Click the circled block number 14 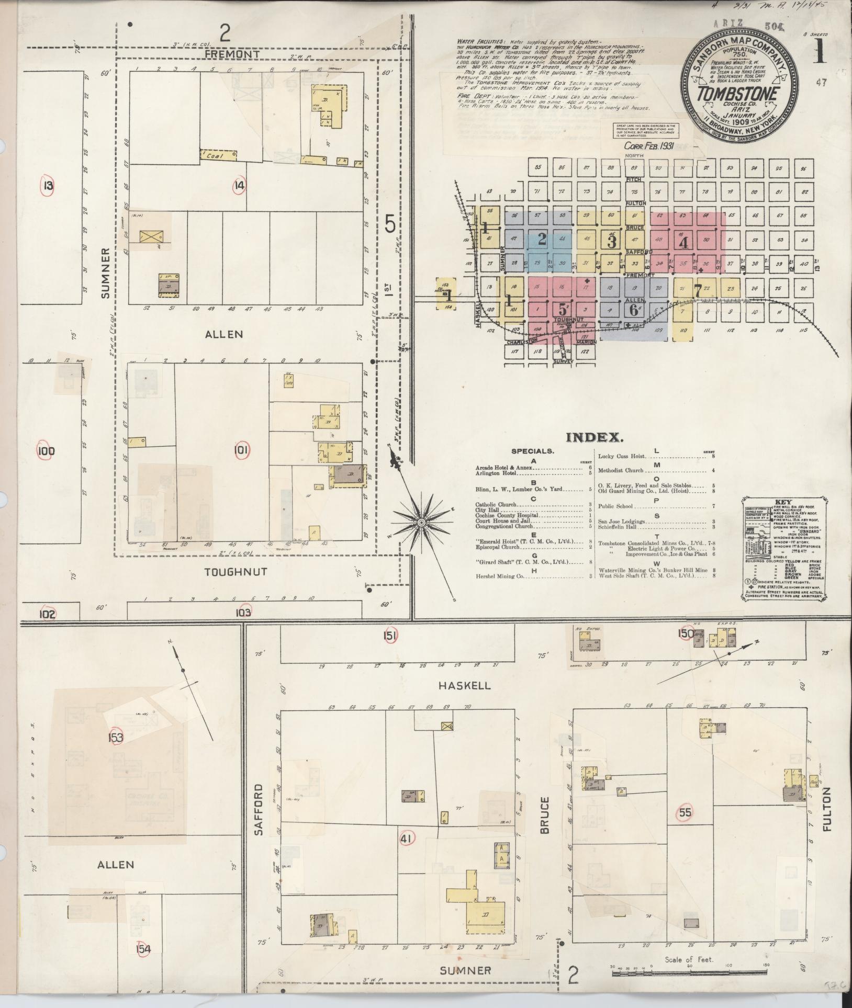(240, 185)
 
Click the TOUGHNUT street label (228, 572)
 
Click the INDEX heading (595, 438)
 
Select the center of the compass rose (421, 523)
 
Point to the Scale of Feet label (689, 960)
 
